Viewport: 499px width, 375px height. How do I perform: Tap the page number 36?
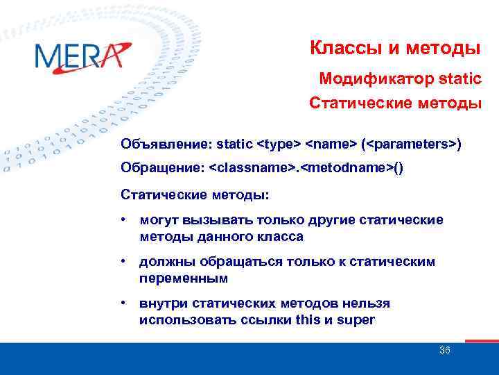[445, 350]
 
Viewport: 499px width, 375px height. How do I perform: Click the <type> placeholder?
[279, 144]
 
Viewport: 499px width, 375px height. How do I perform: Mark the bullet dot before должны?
[123, 262]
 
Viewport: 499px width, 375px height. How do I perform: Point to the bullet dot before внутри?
[123, 303]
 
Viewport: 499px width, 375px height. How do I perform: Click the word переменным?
[183, 278]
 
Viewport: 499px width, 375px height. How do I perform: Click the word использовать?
[179, 320]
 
